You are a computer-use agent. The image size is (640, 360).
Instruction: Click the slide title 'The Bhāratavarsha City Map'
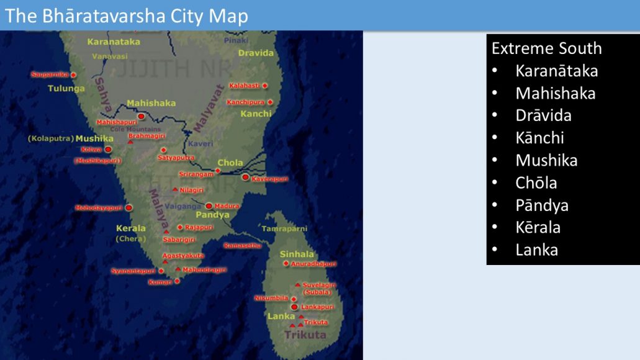point(127,16)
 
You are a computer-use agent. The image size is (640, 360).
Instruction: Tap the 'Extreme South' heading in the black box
point(546,48)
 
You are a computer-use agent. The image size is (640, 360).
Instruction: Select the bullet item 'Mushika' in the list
point(546,160)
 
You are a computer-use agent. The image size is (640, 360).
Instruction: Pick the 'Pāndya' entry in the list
point(541,205)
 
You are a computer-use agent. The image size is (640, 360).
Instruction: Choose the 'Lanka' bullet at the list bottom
point(536,250)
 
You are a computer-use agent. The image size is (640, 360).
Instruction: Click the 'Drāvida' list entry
point(543,115)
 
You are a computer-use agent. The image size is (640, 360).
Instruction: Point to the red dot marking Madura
point(209,205)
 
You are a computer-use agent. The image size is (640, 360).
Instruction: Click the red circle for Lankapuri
point(294,307)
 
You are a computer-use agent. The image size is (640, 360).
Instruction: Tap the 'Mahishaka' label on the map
point(151,103)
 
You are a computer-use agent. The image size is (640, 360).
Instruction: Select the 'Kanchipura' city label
point(246,102)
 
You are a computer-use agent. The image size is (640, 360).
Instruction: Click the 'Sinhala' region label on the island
point(297,254)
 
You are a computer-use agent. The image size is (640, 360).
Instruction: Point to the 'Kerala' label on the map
point(131,228)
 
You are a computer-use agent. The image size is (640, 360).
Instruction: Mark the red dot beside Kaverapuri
point(246,178)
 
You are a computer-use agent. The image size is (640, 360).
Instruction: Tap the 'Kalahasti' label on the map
point(244,85)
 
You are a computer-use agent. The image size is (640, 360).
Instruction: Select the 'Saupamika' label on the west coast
point(50,74)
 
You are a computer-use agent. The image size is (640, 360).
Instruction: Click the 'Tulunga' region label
point(66,88)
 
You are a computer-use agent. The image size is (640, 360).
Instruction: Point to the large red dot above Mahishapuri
point(141,116)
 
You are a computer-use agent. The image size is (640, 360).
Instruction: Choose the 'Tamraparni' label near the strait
point(284,228)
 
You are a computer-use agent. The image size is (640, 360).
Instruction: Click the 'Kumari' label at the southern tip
point(160,282)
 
